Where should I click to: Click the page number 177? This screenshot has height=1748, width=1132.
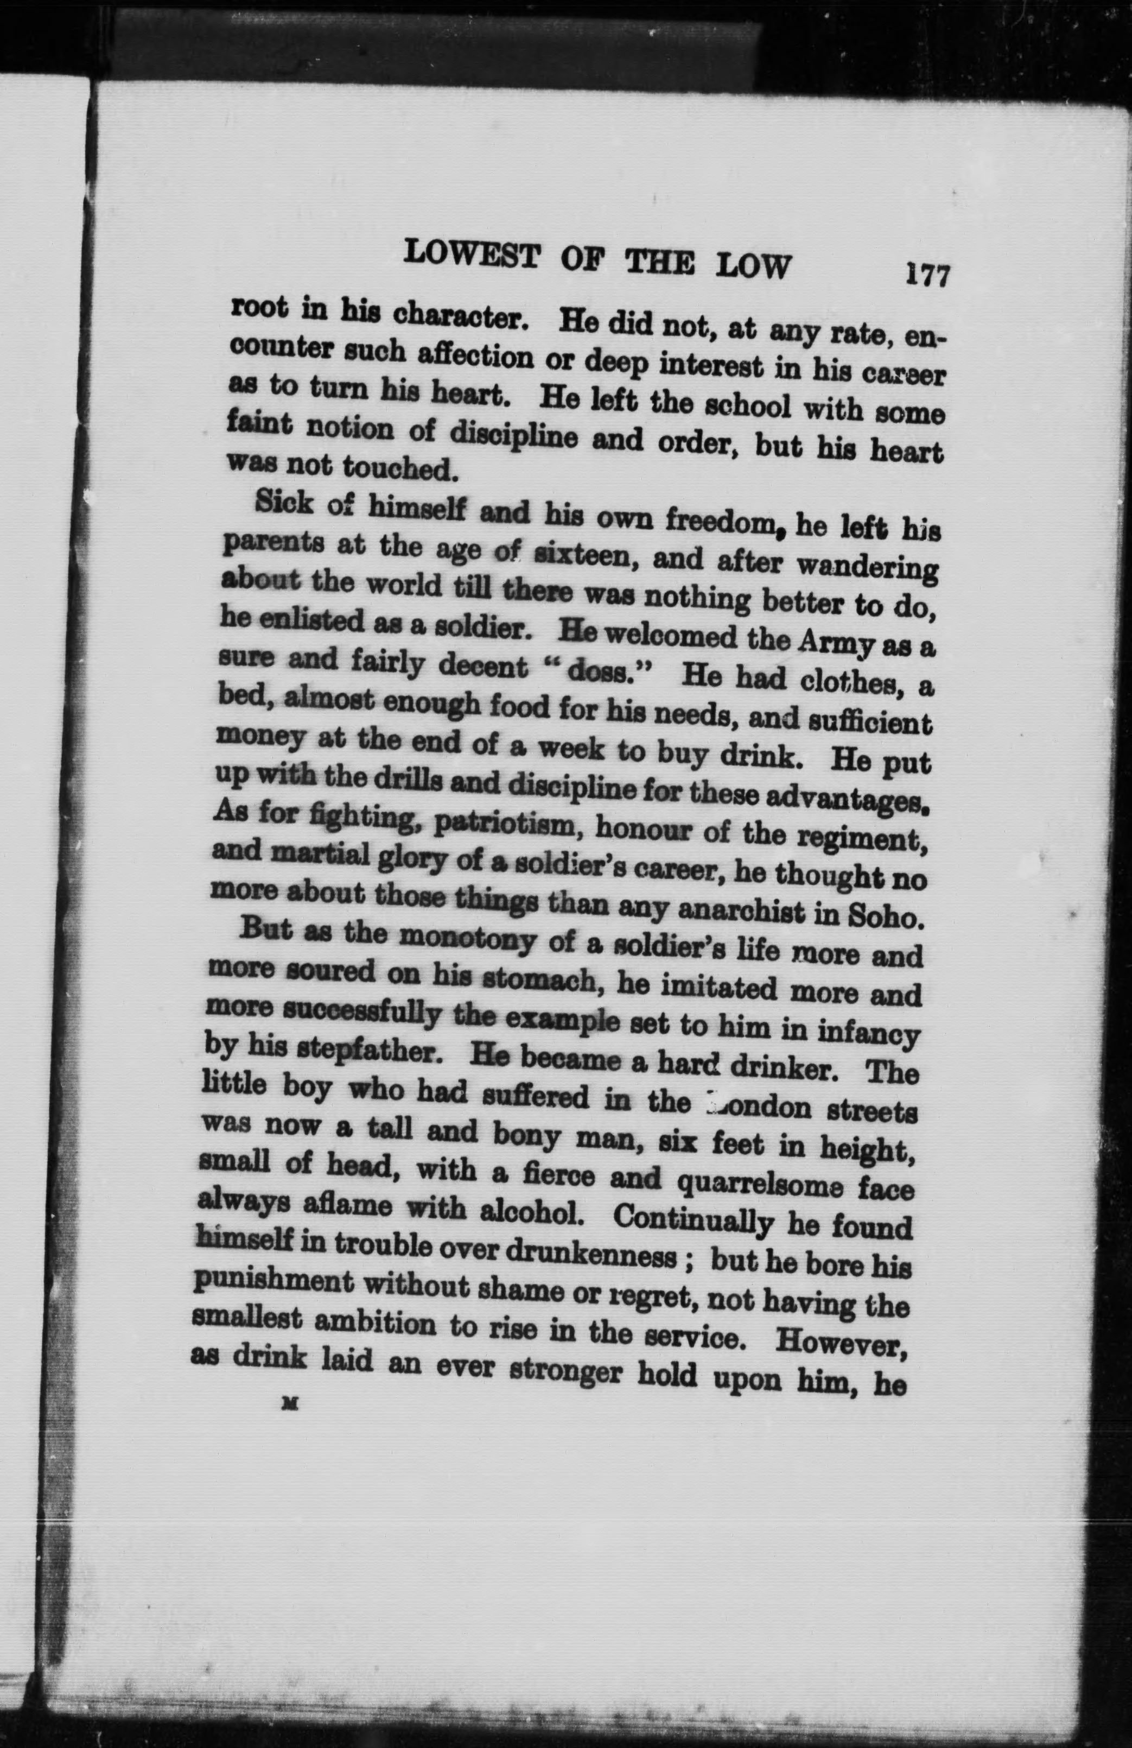coord(929,276)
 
